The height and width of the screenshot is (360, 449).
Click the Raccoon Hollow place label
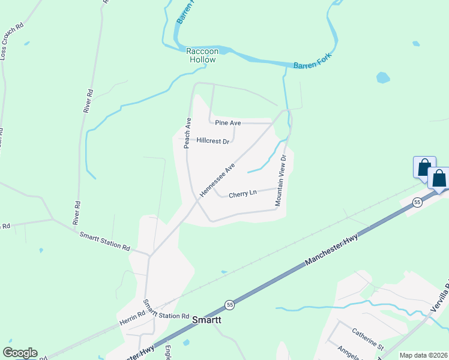[x=200, y=55]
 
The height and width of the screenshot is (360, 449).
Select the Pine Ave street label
[x=228, y=123]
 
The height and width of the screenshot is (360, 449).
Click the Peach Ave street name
[x=187, y=133]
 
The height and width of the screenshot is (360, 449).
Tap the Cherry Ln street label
[x=243, y=193]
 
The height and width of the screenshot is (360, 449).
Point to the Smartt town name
[x=206, y=320]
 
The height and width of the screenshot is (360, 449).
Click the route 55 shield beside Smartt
[x=229, y=305]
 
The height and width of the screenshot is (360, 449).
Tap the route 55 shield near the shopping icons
[x=417, y=203]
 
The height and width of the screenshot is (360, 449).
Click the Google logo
[x=20, y=353]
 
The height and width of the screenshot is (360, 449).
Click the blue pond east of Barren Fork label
[x=382, y=77]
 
